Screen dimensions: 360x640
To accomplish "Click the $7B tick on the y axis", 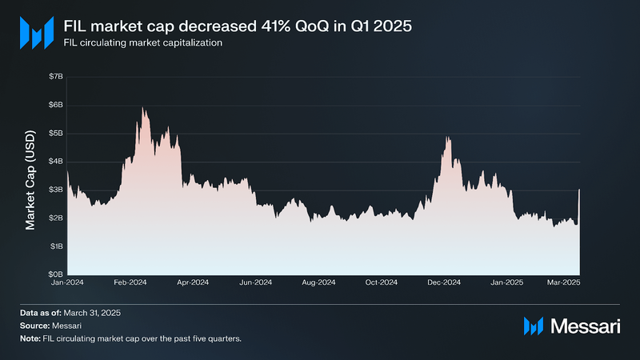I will point(55,76).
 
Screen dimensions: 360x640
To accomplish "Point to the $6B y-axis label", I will point(55,105).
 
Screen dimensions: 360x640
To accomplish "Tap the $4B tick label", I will point(55,162).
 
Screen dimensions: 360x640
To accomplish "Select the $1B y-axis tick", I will point(55,246).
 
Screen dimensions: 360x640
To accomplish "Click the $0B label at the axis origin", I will point(55,274).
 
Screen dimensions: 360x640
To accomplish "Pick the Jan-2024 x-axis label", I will point(67,283).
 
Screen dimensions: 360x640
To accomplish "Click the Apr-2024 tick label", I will point(193,283).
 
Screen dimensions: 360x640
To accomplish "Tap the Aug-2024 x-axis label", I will point(318,283).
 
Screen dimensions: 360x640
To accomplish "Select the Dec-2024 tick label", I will point(444,283).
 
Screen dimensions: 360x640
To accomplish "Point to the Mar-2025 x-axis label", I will point(564,283).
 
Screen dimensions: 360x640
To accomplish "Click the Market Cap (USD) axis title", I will point(31,175).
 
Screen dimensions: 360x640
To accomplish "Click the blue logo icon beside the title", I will point(36,33).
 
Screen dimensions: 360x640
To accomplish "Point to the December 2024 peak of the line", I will point(447,138).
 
